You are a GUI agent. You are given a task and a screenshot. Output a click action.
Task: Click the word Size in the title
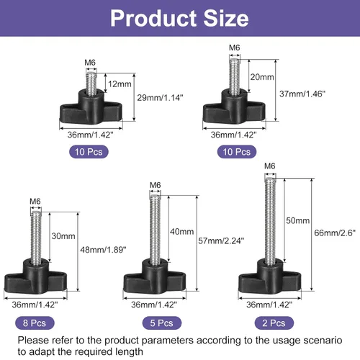(x=226, y=19)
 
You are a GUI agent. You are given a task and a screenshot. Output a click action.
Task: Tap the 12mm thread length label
(x=120, y=84)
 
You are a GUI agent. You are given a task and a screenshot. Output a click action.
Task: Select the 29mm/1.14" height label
(x=160, y=98)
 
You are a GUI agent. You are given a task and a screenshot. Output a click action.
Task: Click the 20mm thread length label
(x=262, y=77)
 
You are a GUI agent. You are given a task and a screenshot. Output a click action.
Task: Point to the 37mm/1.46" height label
(x=302, y=94)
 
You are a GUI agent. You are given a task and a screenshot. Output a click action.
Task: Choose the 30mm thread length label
(x=63, y=236)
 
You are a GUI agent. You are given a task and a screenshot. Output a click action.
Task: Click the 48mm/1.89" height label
(x=103, y=250)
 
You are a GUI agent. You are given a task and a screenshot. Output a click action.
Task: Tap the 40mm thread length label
(x=182, y=232)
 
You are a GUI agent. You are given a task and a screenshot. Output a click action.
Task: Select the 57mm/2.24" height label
(x=221, y=240)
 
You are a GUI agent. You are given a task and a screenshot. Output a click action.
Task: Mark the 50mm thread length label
(x=297, y=220)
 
